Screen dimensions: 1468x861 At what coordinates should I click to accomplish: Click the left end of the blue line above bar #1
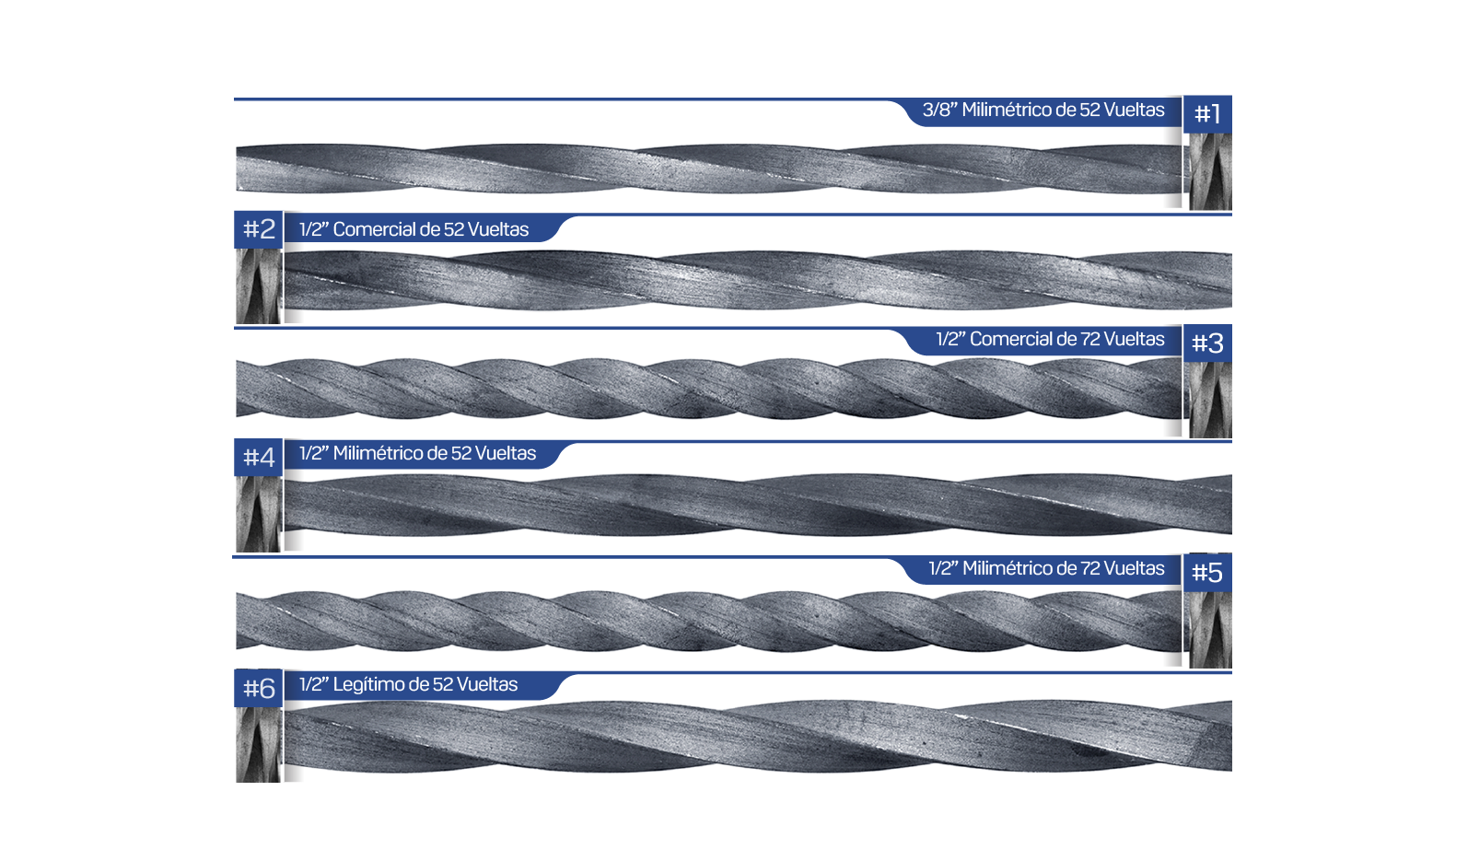pyautogui.click(x=235, y=99)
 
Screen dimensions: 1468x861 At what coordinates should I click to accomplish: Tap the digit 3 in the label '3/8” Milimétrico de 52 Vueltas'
pyautogui.click(x=927, y=110)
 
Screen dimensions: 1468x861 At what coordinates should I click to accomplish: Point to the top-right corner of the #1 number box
pyautogui.click(x=1231, y=96)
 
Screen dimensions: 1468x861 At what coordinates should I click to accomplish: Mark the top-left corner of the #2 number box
pyautogui.click(x=235, y=211)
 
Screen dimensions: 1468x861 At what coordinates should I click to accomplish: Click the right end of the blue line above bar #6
pyautogui.click(x=1231, y=672)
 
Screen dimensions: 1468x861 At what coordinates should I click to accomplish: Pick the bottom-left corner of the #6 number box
pyautogui.click(x=235, y=706)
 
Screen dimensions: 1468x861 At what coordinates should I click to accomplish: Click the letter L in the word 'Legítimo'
pyautogui.click(x=337, y=685)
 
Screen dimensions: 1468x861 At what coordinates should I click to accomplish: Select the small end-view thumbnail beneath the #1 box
pyautogui.click(x=1210, y=171)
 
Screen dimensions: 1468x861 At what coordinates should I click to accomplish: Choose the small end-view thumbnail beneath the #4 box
pyautogui.click(x=259, y=514)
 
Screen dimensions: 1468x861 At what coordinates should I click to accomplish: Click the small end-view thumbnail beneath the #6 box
pyautogui.click(x=259, y=744)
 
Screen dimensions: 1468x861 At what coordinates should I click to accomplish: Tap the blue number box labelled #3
pyautogui.click(x=1207, y=343)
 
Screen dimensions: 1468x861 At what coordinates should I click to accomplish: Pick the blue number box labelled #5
pyautogui.click(x=1207, y=573)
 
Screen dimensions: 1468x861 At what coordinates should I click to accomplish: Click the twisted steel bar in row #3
pyautogui.click(x=708, y=389)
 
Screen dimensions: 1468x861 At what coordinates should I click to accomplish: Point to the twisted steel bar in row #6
pyautogui.click(x=758, y=736)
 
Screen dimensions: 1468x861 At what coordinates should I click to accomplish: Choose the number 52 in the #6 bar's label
pyautogui.click(x=442, y=685)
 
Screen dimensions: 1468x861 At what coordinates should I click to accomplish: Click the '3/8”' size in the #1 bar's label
pyautogui.click(x=939, y=110)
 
